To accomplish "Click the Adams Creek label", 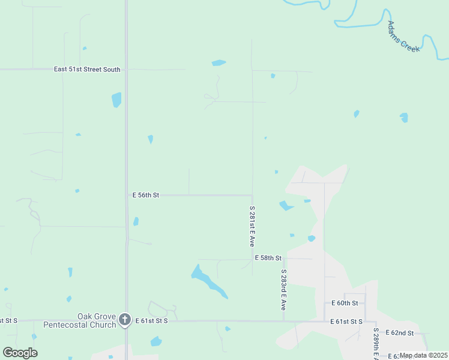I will coord(403,37).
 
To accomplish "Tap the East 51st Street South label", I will coord(87,70).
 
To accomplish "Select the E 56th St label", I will coord(146,195).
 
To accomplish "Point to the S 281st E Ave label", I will coord(253,227).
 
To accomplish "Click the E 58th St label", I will coord(268,257).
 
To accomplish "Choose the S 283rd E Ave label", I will coord(283,289).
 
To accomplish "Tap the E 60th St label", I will coord(345,303).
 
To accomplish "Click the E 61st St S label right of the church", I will coord(151,322).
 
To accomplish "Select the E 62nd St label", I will coord(400,332).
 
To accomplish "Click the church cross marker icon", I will coord(125,319).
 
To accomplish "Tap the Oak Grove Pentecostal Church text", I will coord(79,320).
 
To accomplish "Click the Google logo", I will coord(20,353).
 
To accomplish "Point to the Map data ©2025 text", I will coord(423,355).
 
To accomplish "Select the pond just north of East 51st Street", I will coord(218,62).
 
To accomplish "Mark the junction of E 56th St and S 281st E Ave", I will coord(252,195).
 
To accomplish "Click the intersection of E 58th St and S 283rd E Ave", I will coord(283,259).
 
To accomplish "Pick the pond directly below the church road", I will coord(156,341).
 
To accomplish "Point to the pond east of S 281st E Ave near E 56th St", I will coord(286,206).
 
